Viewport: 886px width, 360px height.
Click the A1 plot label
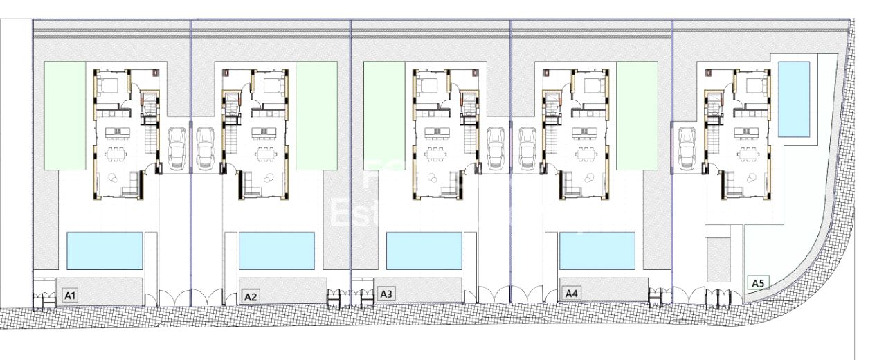70,296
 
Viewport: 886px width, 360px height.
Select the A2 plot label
251,296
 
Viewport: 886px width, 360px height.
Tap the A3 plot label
386,294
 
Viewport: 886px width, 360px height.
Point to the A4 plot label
571,294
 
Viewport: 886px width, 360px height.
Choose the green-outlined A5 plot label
758,282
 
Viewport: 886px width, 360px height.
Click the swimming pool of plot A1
105,250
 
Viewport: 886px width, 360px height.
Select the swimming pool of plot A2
276,250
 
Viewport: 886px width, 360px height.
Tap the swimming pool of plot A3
424,250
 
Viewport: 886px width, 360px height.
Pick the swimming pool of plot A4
597,250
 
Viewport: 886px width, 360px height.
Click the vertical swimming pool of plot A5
794,99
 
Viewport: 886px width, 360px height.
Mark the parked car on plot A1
177,148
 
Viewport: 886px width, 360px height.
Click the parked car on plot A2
205,148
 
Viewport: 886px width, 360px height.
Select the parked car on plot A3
496,148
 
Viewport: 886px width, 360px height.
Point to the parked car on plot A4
526,148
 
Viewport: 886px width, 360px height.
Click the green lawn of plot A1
65,115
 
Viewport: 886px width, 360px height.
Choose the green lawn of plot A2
316,115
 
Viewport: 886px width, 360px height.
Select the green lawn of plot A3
384,115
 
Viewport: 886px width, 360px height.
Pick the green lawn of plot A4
637,115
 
